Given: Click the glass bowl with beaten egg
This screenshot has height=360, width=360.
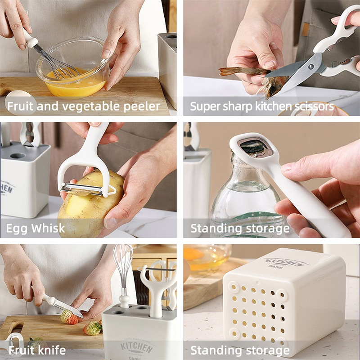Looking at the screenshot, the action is (72, 69).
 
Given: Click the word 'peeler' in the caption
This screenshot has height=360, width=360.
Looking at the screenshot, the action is (142, 106).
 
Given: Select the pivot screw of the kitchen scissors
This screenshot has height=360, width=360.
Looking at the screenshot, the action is (311, 67).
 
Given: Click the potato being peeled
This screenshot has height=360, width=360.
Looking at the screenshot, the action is (90, 204).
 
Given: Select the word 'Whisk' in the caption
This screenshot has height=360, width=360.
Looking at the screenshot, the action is (48, 228).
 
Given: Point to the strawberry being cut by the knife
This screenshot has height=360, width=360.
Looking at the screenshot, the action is (69, 317).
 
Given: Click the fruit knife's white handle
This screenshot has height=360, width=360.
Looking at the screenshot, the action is (48, 299).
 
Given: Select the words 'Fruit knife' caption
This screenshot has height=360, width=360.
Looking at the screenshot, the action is (37, 350).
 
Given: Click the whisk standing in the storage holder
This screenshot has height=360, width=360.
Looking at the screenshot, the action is (123, 275).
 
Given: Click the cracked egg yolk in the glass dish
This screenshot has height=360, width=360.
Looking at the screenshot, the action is (193, 254).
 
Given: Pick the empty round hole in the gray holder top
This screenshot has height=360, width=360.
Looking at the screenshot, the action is (18, 156).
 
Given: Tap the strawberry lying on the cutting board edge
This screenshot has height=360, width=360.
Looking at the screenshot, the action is (93, 328).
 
